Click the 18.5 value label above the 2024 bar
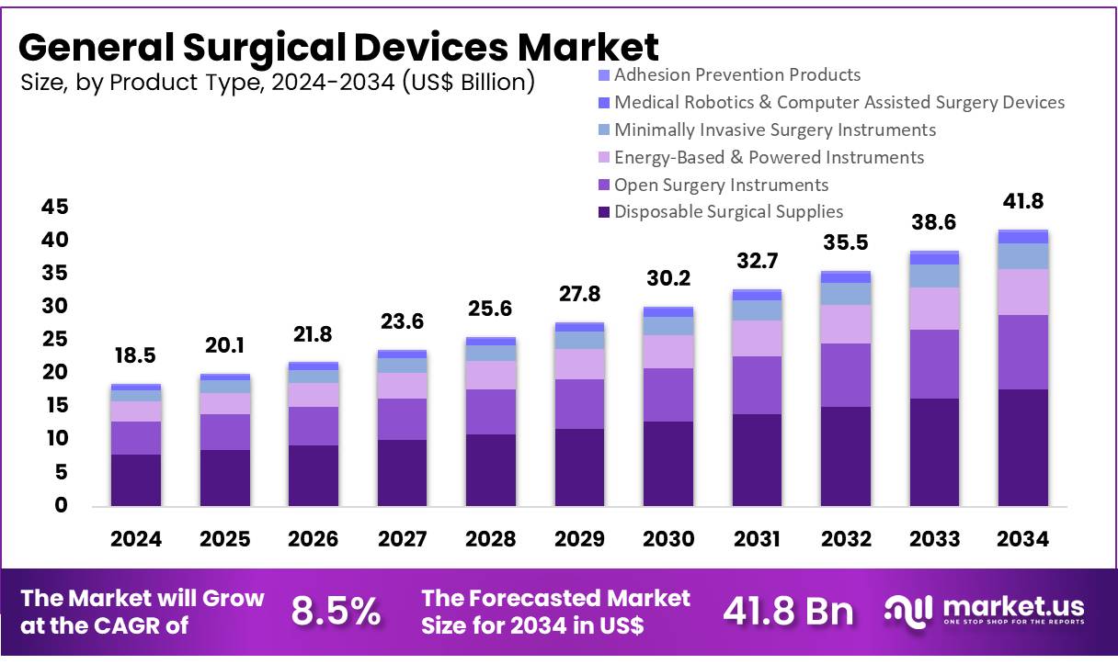135,356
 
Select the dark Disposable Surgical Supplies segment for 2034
1022,447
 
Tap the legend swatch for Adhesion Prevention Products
603,75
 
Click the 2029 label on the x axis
579,539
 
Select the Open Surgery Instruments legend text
721,185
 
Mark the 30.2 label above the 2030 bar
668,278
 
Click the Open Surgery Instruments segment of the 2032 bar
846,376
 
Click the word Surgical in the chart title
261,46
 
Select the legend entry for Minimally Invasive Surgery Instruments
774,129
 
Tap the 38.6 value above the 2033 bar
934,222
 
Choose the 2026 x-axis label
313,539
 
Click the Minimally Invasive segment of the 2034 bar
1022,256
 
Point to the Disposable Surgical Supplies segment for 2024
135,479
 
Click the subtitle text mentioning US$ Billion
277,82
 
